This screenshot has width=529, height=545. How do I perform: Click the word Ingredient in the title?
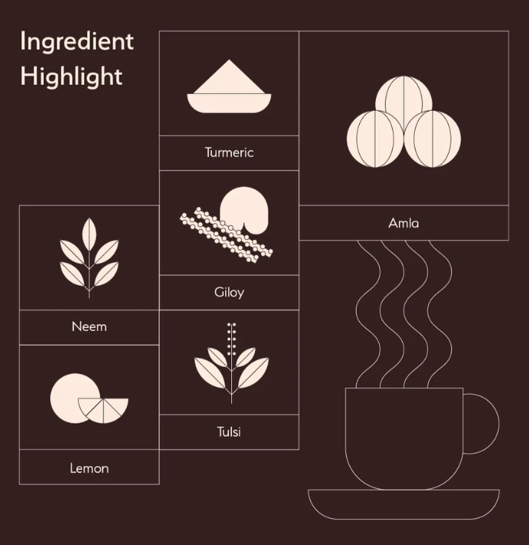(77, 42)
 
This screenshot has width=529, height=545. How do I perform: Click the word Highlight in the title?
(71, 76)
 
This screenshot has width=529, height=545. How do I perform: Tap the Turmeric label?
(229, 153)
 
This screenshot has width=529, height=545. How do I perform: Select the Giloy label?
(229, 292)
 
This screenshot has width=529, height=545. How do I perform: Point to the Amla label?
(403, 222)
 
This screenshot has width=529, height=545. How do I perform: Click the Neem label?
(89, 326)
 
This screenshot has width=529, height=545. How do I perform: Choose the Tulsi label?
(229, 432)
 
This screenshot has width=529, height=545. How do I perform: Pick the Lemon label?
(89, 469)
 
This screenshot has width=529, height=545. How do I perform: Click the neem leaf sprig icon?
(89, 258)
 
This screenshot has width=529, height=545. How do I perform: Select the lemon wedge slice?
(103, 410)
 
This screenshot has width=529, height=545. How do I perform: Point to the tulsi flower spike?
(232, 339)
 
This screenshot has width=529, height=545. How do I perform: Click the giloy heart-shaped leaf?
(244, 209)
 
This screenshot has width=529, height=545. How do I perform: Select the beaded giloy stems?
(226, 235)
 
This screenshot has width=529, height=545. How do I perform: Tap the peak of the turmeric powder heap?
(229, 60)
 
